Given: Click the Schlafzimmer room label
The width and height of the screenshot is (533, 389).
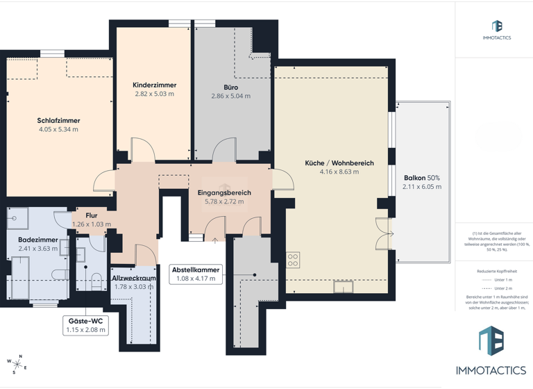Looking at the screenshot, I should coord(58,120).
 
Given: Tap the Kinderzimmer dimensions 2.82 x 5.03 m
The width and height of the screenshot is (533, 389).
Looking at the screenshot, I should coord(153,94).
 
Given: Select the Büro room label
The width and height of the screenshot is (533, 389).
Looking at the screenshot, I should coord(230,88).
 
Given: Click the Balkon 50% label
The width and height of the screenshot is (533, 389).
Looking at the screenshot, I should coord(422,178).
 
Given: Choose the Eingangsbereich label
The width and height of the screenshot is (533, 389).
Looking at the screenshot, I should coord(223,192).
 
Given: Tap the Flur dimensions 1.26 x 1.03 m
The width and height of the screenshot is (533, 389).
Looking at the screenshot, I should coord(92,224).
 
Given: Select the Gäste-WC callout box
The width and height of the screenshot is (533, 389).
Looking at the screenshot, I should coord(86,325).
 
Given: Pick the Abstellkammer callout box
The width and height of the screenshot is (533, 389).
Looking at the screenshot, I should coord(196,274).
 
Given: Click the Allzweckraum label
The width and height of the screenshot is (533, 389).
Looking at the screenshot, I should coord(134,278).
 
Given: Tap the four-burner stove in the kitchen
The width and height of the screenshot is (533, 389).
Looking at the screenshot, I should coord(293,260).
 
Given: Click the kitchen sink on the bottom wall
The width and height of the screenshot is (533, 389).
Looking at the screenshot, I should coord(343,285).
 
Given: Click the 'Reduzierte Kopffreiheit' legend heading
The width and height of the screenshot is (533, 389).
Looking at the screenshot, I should coord(496,271).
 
